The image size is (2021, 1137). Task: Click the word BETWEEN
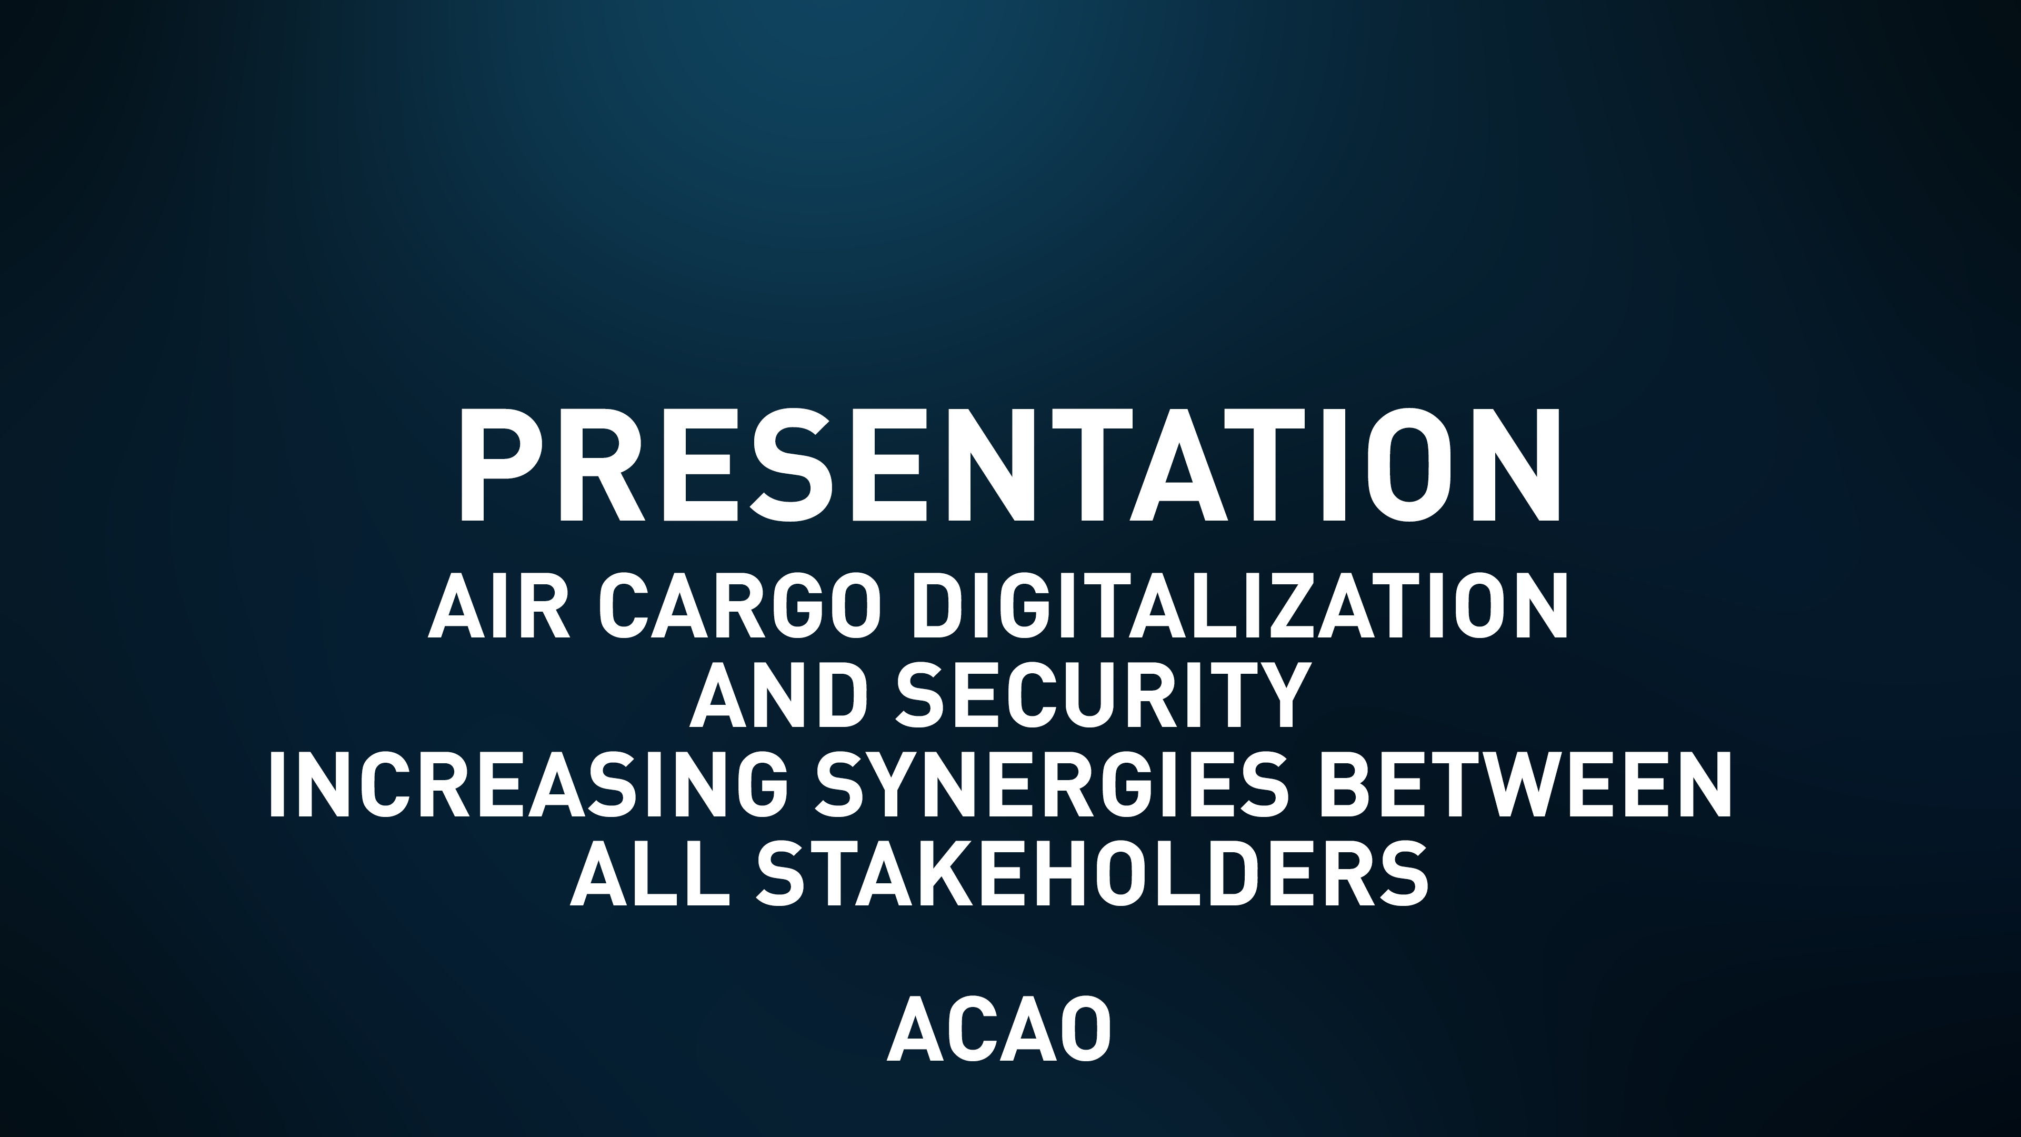pos(1526,785)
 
